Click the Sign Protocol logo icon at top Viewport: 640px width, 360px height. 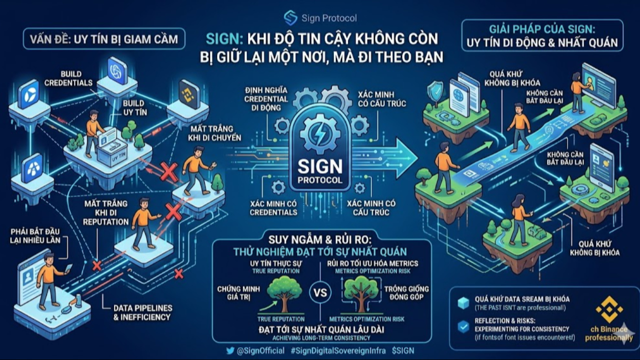[290, 18]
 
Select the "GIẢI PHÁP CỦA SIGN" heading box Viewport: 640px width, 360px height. [542, 35]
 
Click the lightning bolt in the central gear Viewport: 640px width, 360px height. [319, 134]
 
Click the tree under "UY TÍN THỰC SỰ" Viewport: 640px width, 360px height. [283, 292]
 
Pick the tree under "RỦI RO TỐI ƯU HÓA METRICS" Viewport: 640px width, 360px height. [360, 293]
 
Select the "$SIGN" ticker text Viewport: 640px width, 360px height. [403, 350]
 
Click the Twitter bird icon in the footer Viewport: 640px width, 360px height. [230, 350]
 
